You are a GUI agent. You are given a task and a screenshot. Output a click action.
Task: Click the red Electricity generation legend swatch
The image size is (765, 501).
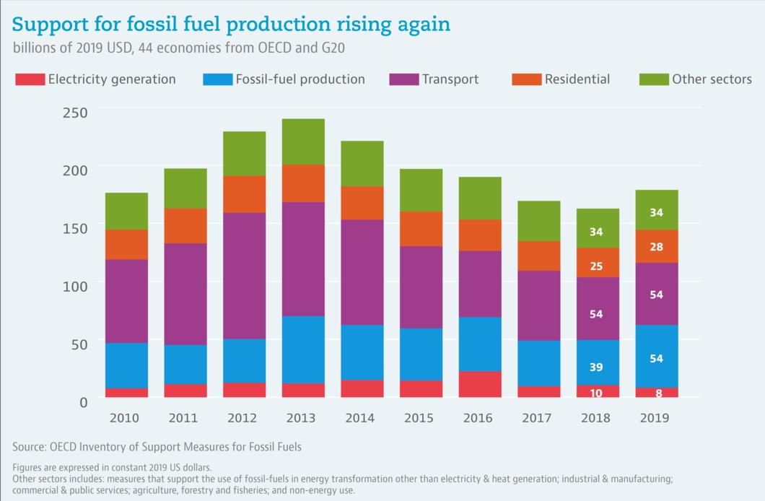pos(30,79)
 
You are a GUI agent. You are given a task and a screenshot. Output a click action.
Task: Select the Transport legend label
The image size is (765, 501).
pos(450,79)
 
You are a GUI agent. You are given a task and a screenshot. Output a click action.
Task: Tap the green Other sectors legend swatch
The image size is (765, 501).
pos(653,79)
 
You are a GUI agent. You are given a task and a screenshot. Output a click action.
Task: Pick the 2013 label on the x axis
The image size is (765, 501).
pos(303,418)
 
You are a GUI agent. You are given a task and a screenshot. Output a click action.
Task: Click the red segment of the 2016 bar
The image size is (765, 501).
pos(480,384)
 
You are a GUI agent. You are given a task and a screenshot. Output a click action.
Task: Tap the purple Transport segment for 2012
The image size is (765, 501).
pos(244,276)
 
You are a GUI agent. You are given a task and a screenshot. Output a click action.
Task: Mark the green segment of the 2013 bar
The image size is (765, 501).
pos(303,141)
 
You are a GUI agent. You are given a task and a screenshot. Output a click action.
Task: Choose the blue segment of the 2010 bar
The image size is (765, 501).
pos(126,365)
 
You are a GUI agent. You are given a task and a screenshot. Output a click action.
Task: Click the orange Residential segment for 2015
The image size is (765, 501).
pos(421,228)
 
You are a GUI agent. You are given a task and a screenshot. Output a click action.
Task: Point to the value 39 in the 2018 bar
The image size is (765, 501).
pos(596,367)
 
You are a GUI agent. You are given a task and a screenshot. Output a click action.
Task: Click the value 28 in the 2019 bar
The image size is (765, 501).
pos(656,247)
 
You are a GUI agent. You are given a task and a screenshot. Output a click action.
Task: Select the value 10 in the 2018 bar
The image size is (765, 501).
pos(596,392)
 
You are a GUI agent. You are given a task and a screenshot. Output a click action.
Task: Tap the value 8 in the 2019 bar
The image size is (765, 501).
pos(656,393)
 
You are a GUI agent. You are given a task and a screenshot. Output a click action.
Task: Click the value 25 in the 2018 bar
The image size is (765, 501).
pos(596,266)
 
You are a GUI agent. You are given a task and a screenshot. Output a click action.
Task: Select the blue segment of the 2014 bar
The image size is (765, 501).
pos(362,352)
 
